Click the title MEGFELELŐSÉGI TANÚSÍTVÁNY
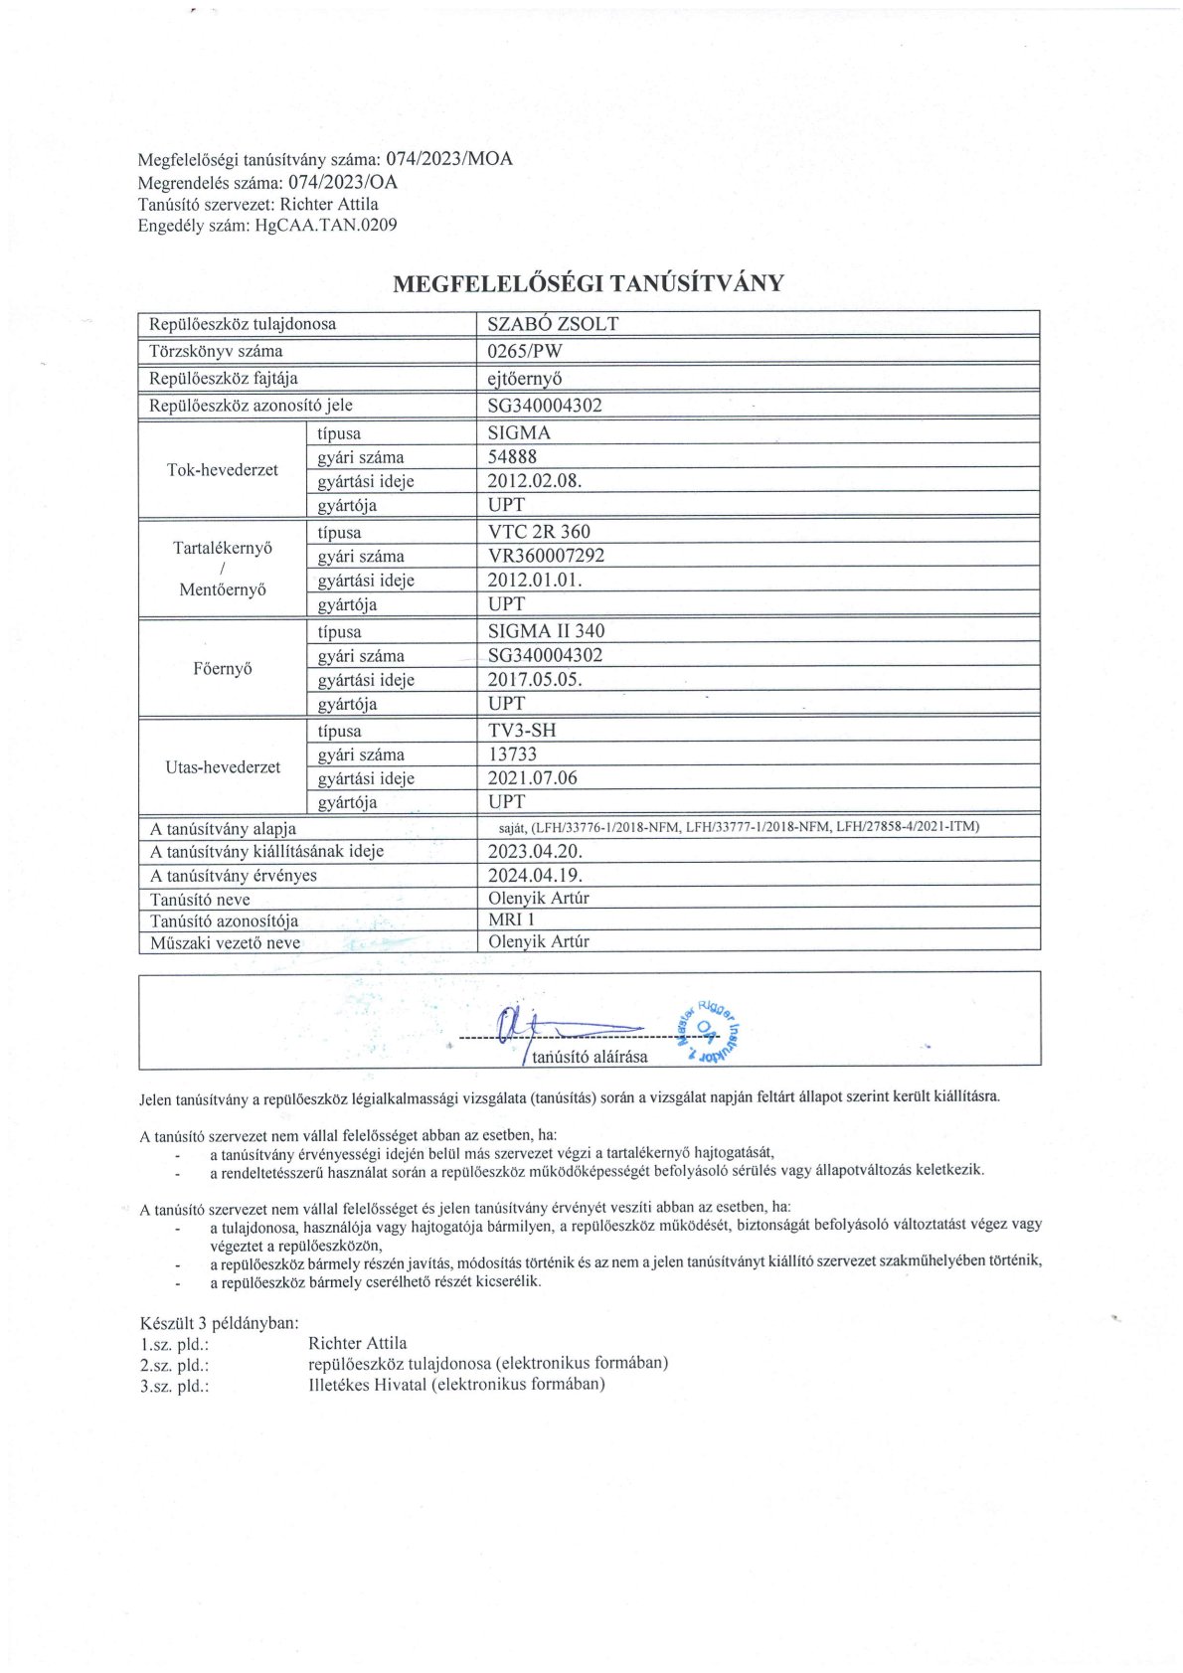pyautogui.click(x=589, y=284)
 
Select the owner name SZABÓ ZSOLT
pyautogui.click(x=553, y=324)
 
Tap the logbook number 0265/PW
pyautogui.click(x=525, y=351)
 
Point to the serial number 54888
pyautogui.click(x=512, y=457)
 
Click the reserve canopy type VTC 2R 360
pyautogui.click(x=539, y=532)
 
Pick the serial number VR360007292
pyautogui.click(x=546, y=556)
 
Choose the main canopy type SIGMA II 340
pyautogui.click(x=546, y=631)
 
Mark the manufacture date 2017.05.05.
pyautogui.click(x=535, y=680)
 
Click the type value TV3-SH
pyautogui.click(x=522, y=731)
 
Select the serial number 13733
pyautogui.click(x=513, y=754)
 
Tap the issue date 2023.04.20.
pyautogui.click(x=535, y=852)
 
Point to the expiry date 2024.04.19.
pyautogui.click(x=535, y=876)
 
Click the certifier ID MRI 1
pyautogui.click(x=511, y=920)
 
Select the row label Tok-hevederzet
pyautogui.click(x=223, y=470)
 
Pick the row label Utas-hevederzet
pyautogui.click(x=223, y=767)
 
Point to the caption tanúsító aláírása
pyautogui.click(x=590, y=1057)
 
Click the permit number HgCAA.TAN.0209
pyautogui.click(x=326, y=226)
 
